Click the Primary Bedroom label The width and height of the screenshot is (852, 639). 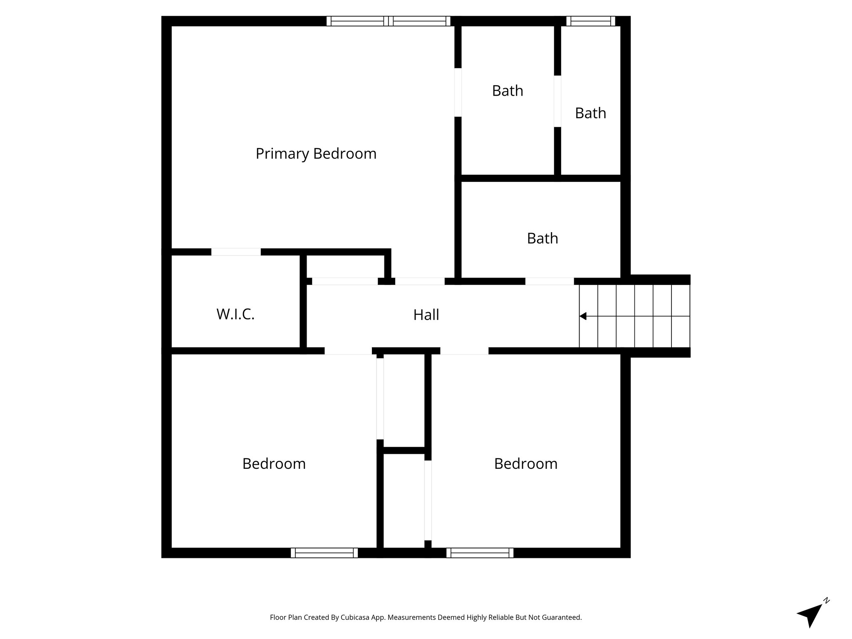click(x=316, y=154)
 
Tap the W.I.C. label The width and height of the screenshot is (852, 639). click(x=235, y=314)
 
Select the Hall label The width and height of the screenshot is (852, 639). click(x=426, y=315)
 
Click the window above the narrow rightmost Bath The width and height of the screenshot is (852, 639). click(x=590, y=21)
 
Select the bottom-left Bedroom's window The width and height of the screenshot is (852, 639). click(x=324, y=553)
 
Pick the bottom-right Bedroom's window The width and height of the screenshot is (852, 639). click(x=480, y=553)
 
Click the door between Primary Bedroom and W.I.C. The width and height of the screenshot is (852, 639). click(x=236, y=252)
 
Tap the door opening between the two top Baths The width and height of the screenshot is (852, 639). click(x=557, y=101)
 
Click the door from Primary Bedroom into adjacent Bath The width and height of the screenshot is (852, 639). click(x=458, y=92)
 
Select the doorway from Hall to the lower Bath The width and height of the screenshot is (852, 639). click(x=550, y=281)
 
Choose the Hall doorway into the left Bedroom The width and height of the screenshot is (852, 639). click(x=348, y=351)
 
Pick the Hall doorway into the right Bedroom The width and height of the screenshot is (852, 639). click(x=464, y=351)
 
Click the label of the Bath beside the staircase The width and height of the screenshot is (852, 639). click(x=542, y=238)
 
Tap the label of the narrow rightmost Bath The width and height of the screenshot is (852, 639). click(x=590, y=113)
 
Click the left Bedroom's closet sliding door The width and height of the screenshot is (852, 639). click(x=380, y=399)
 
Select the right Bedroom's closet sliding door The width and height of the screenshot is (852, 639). click(x=428, y=500)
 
